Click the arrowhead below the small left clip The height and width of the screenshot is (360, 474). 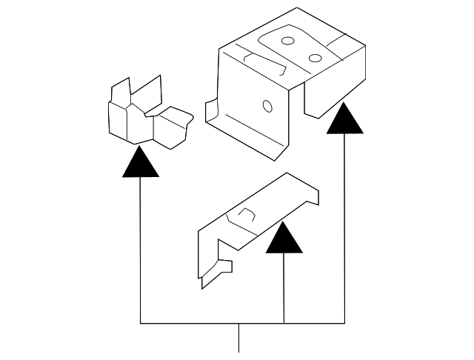[141, 163]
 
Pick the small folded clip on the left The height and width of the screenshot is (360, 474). [144, 115]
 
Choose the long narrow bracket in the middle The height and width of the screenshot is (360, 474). [256, 222]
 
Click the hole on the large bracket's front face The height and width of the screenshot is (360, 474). [267, 107]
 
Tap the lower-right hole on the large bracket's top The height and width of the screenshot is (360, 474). [315, 59]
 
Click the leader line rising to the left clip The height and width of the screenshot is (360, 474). [141, 252]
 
